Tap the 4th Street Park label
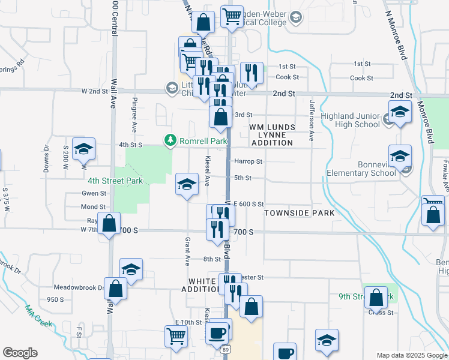pos(115,180)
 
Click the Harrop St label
pos(248,161)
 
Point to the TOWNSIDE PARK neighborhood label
pos(299,213)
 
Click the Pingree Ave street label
pos(134,115)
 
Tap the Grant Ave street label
pos(187,251)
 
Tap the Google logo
pos(20,353)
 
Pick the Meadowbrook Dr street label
pos(79,287)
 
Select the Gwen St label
pos(94,193)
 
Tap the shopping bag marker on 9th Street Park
pos(376,298)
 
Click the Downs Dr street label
pos(46,158)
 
